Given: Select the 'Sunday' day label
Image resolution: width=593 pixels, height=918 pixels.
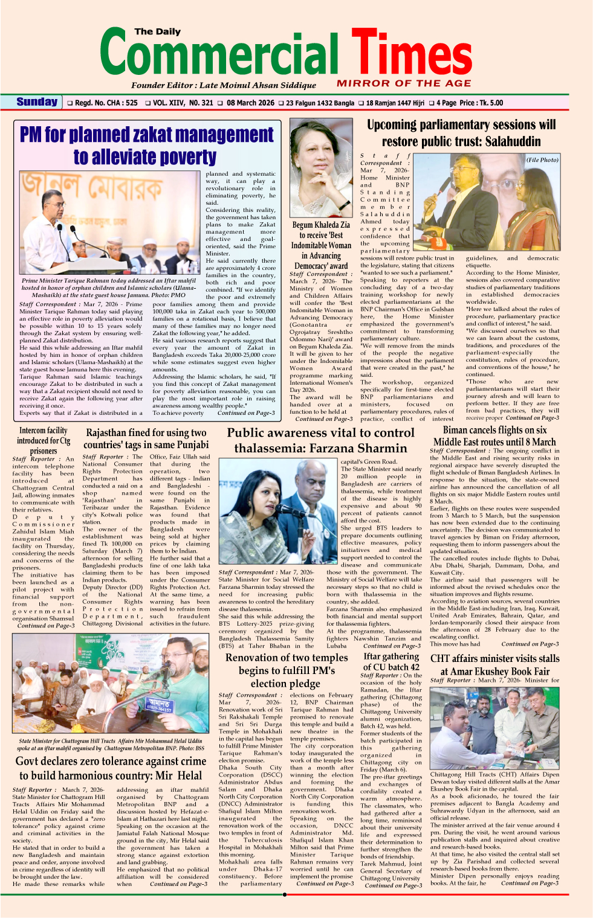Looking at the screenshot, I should click(37, 102).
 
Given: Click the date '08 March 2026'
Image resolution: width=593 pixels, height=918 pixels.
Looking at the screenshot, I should click(250, 103).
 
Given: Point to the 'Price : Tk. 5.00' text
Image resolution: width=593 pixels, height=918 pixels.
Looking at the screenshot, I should click(481, 103).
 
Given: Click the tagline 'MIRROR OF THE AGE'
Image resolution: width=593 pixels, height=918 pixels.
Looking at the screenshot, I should click(404, 83).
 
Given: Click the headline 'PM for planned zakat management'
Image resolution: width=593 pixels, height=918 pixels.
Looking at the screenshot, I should click(147, 134).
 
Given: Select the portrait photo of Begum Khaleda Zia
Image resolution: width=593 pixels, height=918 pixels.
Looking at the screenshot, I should click(321, 167).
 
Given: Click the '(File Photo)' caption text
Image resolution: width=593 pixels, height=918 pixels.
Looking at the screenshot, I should click(542, 160).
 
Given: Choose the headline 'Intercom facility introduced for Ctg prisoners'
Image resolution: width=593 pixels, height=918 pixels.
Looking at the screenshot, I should click(44, 440).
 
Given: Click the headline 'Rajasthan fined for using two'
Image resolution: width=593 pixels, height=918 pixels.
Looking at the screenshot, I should click(146, 432).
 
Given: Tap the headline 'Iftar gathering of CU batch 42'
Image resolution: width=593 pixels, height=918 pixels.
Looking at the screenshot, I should click(391, 661).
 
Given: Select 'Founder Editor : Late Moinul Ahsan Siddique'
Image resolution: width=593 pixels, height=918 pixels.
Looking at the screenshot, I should click(224, 85).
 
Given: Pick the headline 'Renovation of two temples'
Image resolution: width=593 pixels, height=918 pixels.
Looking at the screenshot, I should click(287, 658).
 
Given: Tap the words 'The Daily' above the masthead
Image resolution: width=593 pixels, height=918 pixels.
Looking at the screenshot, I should click(157, 31).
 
